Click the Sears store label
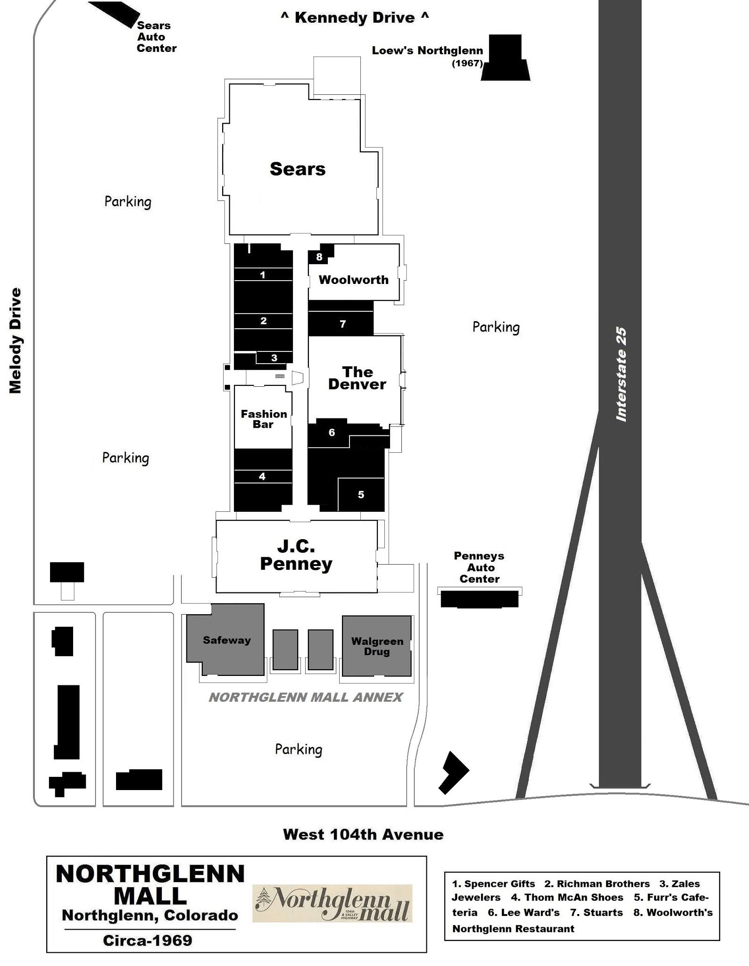(298, 169)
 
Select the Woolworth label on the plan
(354, 280)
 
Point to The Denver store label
(357, 378)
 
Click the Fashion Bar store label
(264, 419)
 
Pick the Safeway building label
(227, 640)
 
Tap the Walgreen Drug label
(377, 646)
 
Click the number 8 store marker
(319, 257)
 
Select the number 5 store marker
(361, 494)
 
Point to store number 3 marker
(274, 358)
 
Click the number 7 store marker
(343, 324)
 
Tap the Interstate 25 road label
(621, 374)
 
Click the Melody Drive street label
(15, 341)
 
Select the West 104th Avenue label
(363, 834)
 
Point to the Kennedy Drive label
(355, 18)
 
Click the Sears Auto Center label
(157, 37)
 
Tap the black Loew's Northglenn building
(506, 58)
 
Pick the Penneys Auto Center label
(479, 567)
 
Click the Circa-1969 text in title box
(148, 941)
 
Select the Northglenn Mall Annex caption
(306, 697)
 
